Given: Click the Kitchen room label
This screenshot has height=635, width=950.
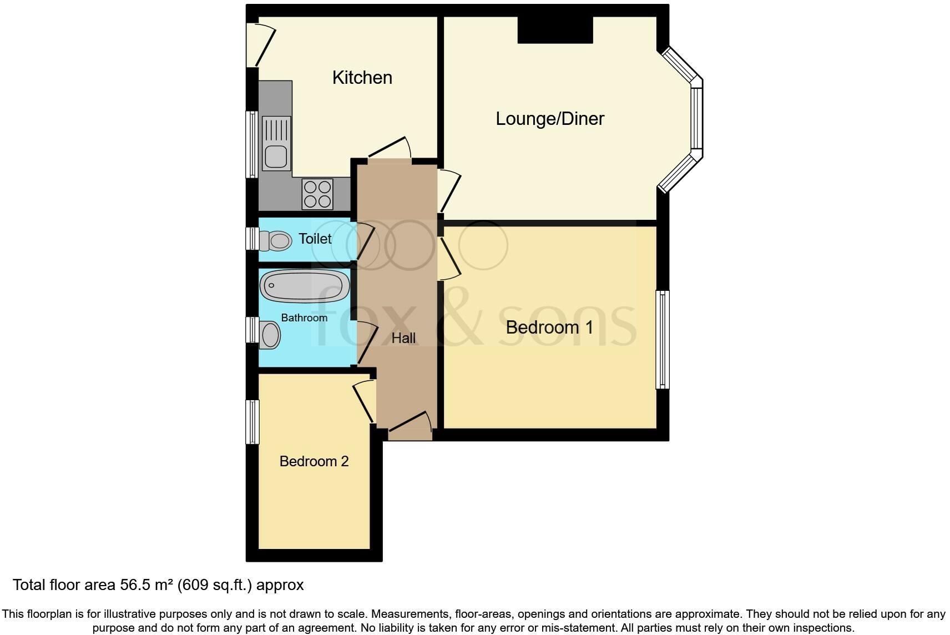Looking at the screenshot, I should [362, 78].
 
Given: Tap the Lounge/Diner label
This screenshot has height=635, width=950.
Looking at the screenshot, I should [549, 119].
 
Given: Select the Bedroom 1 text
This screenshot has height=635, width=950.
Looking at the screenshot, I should [549, 327].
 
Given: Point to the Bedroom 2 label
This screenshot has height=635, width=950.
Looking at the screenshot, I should [314, 461].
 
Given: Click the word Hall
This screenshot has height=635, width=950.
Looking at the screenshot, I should [403, 338].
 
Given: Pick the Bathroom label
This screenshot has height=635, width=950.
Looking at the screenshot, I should [304, 318].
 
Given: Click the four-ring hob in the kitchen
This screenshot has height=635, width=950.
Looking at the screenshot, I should [317, 194].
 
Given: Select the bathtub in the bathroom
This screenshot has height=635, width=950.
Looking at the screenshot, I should [305, 285].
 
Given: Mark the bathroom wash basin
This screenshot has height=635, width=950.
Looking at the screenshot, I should [270, 335].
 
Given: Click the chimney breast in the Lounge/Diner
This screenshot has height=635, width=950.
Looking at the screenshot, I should [555, 29].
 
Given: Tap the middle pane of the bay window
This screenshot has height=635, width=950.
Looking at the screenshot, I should [697, 118].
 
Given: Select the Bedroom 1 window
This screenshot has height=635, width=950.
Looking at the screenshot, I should [663, 339].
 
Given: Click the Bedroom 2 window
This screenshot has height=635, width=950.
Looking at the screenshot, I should [252, 421].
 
